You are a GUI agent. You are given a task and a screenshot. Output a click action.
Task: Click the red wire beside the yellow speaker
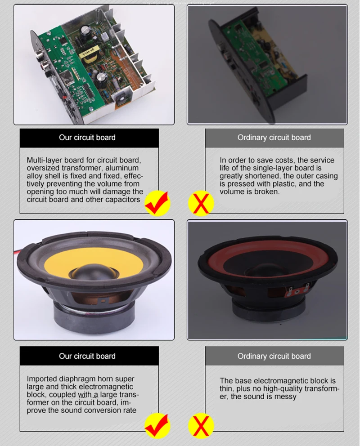[16, 253]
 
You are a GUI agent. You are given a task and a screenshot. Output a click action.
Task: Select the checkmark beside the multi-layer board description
[158, 203]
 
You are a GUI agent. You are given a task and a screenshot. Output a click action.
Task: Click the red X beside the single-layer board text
[201, 204]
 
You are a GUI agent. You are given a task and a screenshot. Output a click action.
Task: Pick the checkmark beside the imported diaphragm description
[158, 425]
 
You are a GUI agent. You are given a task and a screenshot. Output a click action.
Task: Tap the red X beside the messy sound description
[201, 426]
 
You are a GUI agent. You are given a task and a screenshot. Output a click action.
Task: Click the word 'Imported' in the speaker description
[42, 379]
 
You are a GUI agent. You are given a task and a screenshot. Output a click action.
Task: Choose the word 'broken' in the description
[267, 192]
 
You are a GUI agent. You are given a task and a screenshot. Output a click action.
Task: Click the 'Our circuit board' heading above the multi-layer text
[87, 138]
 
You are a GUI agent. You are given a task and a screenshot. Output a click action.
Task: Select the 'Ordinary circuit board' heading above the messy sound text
[274, 356]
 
